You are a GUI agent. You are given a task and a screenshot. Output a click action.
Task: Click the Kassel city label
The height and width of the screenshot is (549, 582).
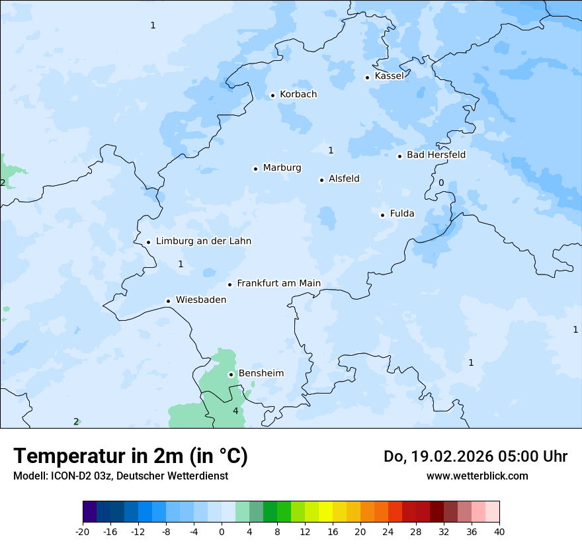click(389, 76)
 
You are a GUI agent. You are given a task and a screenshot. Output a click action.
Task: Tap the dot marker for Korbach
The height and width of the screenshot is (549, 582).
click(272, 95)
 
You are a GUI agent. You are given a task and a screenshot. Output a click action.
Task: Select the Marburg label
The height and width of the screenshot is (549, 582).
click(282, 168)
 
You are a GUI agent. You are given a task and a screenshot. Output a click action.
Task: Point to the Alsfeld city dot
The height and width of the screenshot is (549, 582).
click(321, 180)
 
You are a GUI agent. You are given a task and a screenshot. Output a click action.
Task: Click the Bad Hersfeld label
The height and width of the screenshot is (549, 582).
click(436, 155)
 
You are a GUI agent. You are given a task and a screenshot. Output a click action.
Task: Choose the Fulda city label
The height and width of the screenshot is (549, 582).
click(402, 214)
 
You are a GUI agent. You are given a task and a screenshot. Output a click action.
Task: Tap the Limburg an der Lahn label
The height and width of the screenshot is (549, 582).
click(203, 241)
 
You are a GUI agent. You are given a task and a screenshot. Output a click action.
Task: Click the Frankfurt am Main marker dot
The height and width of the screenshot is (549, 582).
click(230, 284)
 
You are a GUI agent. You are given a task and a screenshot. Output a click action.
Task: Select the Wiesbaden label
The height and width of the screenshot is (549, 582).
click(200, 300)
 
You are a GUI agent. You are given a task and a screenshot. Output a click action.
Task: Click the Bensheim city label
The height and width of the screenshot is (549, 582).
click(261, 374)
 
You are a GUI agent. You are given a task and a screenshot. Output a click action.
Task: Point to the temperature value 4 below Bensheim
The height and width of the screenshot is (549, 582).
click(235, 411)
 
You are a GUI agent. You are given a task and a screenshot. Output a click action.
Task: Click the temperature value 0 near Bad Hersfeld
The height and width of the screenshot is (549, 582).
click(441, 183)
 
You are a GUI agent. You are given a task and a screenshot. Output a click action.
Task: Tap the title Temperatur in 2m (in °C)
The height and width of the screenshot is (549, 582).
click(130, 456)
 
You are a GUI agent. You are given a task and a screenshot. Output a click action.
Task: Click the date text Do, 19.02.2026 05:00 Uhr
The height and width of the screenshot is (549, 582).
click(475, 456)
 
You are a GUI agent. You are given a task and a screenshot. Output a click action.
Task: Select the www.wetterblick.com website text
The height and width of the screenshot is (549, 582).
click(477, 476)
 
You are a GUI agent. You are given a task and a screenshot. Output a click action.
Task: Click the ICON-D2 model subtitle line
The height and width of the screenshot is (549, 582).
click(120, 476)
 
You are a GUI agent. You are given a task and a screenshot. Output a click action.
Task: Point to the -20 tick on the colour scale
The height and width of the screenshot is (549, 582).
click(83, 531)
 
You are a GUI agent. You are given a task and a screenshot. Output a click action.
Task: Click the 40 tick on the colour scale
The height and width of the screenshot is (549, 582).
click(499, 531)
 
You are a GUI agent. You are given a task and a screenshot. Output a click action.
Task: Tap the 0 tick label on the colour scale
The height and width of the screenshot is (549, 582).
click(222, 531)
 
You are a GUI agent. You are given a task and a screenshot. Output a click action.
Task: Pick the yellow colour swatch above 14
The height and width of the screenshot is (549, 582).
click(325, 512)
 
